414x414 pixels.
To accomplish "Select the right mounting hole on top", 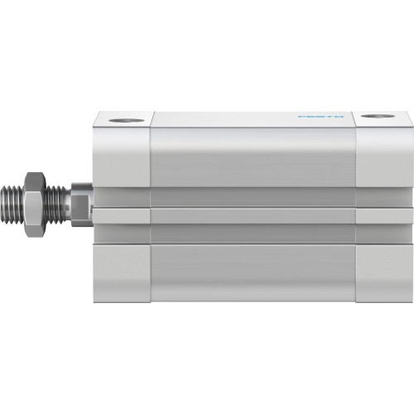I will point(379,117).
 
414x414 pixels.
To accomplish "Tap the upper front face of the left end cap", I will point(121,157).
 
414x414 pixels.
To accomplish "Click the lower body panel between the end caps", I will point(253,269).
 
